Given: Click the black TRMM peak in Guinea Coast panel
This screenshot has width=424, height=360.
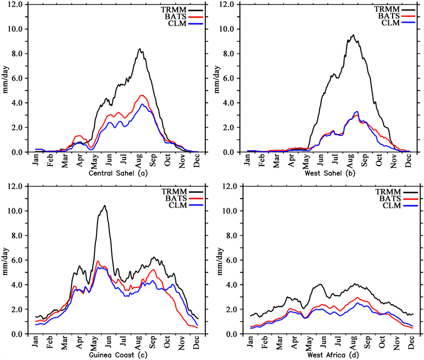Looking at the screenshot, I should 103,206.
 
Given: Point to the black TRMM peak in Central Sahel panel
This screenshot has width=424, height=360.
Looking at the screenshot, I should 140,49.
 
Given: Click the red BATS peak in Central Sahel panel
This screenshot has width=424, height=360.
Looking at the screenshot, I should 142,95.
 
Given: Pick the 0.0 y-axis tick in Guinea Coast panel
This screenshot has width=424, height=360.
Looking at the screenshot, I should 21,335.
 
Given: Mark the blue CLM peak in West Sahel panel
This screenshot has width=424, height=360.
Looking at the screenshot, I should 356,112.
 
